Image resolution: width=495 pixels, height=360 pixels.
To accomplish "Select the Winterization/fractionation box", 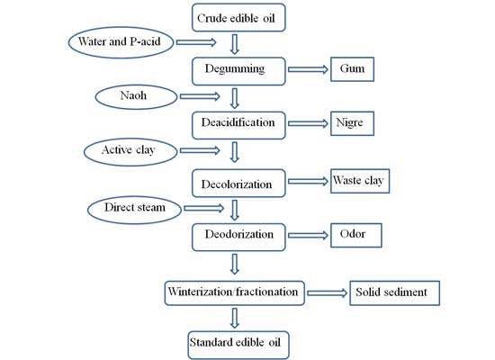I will (235, 292).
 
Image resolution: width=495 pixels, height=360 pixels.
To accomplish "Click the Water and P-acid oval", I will (121, 40).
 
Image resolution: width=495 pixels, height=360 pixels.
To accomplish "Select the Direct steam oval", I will (133, 210).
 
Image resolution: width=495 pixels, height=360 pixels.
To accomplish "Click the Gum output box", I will (351, 68).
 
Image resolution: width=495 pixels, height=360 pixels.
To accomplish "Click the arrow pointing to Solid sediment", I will (326, 293).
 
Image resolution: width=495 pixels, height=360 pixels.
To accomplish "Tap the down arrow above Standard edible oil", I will (234, 318).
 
